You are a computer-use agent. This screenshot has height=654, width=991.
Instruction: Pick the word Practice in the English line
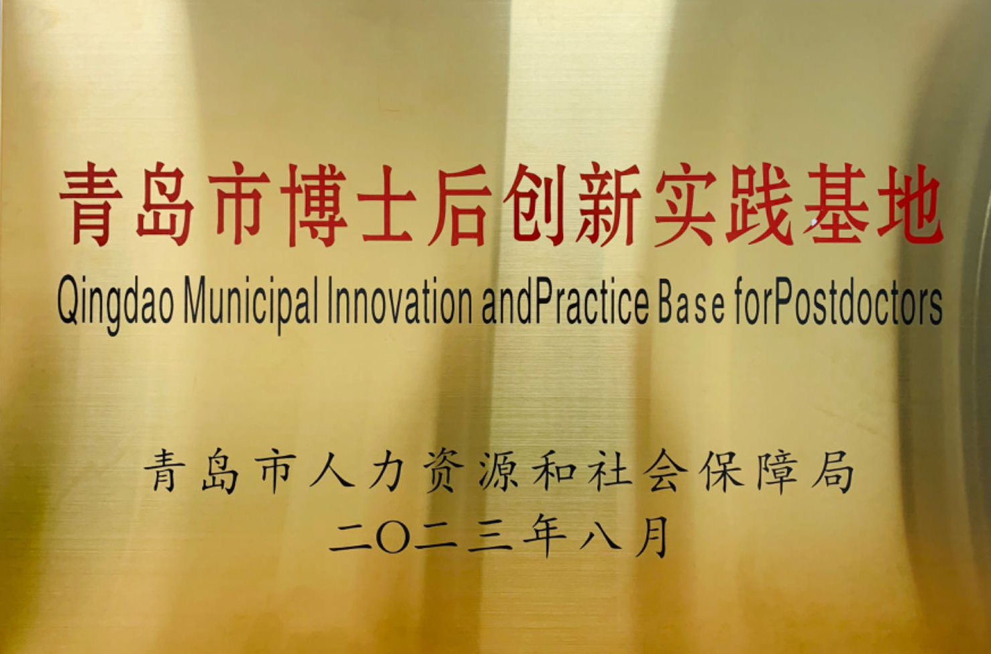pyautogui.click(x=592, y=301)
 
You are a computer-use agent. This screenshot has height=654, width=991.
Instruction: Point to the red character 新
pyautogui.click(x=609, y=205)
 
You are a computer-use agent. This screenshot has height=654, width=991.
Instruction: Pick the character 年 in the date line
pyautogui.click(x=543, y=537)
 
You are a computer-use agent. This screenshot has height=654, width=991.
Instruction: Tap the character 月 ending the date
pyautogui.click(x=651, y=537)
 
